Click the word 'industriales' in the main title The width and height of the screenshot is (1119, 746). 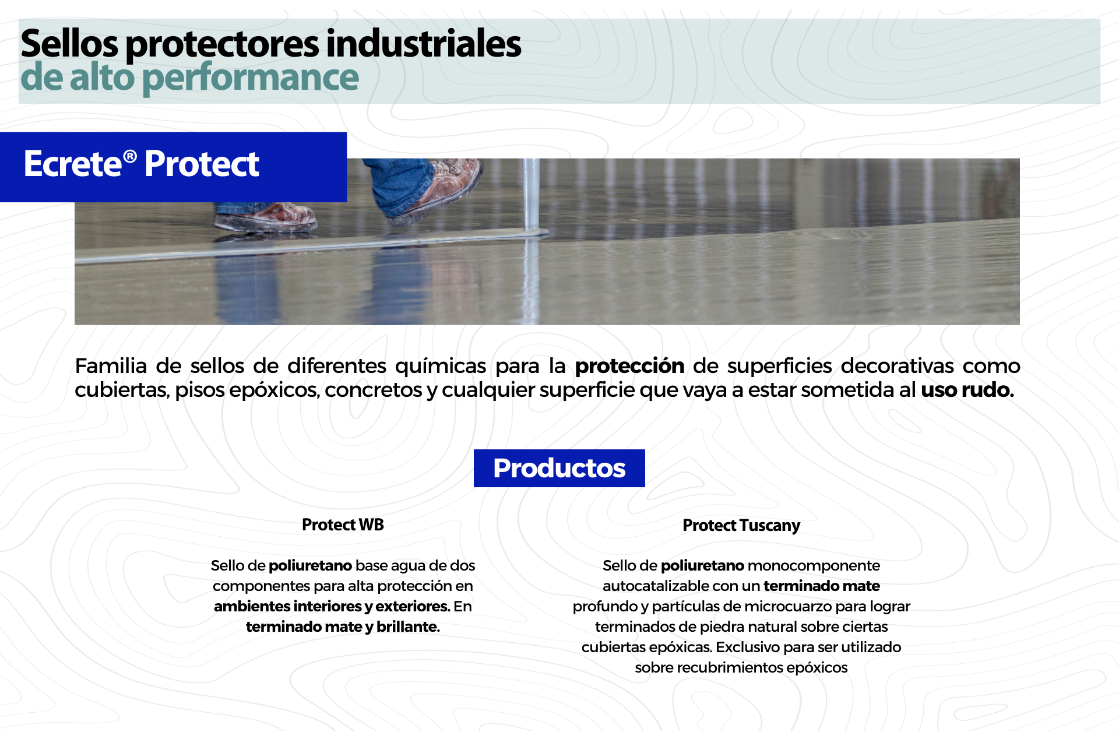pyautogui.click(x=424, y=44)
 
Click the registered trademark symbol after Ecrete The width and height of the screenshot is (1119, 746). pyautogui.click(x=130, y=156)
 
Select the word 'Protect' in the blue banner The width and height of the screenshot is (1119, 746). pyautogui.click(x=202, y=164)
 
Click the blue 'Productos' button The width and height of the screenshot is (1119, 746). pyautogui.click(x=559, y=468)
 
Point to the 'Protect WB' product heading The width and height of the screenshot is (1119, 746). pyautogui.click(x=343, y=525)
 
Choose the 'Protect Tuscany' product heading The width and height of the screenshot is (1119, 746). pyautogui.click(x=741, y=526)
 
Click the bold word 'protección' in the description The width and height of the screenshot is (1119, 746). pyautogui.click(x=629, y=367)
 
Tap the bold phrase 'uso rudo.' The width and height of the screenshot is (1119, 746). pyautogui.click(x=967, y=389)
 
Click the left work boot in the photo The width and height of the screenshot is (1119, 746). pyautogui.click(x=265, y=217)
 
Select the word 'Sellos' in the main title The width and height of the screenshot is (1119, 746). pyautogui.click(x=69, y=44)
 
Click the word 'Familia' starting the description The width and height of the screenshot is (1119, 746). pyautogui.click(x=111, y=366)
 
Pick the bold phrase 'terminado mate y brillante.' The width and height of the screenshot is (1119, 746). pyautogui.click(x=343, y=627)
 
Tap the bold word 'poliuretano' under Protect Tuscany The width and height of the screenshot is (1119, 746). pyautogui.click(x=702, y=566)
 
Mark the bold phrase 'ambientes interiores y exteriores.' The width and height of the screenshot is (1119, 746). pyautogui.click(x=332, y=607)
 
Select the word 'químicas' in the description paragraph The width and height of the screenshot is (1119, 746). pyautogui.click(x=441, y=366)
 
